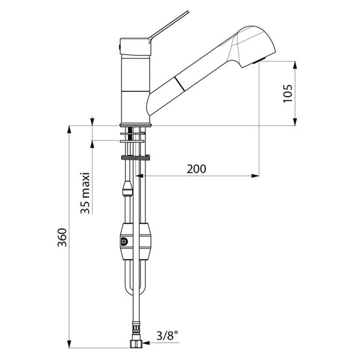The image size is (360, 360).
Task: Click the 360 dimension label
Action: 62,238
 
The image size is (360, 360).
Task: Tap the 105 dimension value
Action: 287,94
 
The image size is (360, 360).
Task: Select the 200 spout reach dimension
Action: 196,169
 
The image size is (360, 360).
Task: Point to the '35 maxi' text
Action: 85,193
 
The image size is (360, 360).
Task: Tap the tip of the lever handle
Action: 188,11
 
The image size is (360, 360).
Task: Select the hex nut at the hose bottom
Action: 136,344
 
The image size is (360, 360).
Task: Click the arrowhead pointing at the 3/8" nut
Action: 146,343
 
